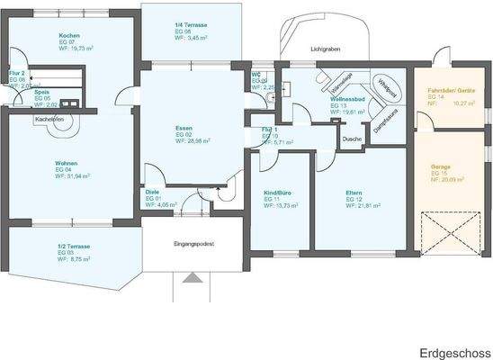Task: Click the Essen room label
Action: pos(184,129)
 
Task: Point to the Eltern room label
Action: pos(354,193)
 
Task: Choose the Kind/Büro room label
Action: pos(276,193)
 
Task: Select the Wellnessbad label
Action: pos(346,99)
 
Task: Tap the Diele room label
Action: pos(153,192)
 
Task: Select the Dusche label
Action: pos(352,139)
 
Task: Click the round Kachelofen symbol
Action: pos(64,126)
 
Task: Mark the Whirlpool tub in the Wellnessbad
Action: pos(386,87)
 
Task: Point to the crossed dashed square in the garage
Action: pos(443,234)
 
